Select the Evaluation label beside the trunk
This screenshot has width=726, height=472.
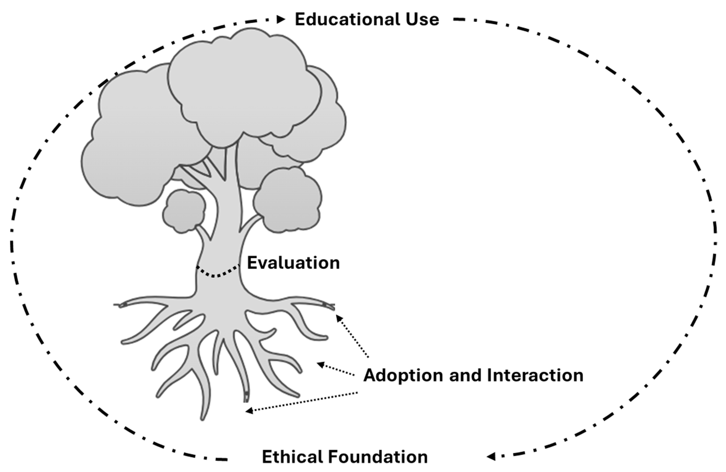coord(293,263)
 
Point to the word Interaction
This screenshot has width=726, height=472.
coord(535,375)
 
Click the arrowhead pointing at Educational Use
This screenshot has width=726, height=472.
coord(281,19)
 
